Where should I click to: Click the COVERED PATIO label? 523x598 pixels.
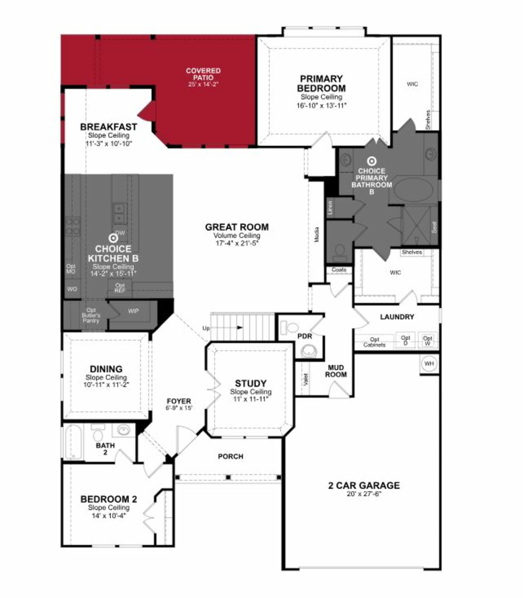[x=203, y=74]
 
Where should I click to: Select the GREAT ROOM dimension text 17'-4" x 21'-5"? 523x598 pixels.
[x=237, y=243]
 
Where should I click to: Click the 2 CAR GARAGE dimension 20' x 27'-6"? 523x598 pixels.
[x=364, y=494]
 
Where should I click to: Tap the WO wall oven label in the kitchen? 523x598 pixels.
[x=72, y=289]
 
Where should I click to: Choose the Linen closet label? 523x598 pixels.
[x=330, y=207]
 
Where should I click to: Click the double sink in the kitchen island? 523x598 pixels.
[x=120, y=214]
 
